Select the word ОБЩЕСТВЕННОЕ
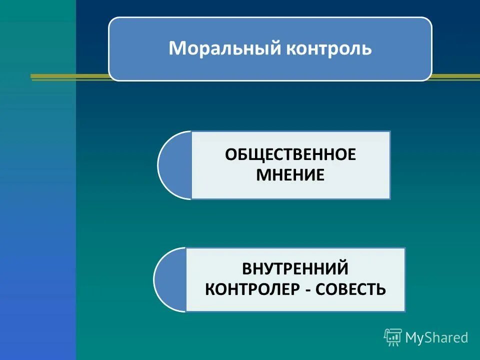tap(290, 154)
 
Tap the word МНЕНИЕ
tap(290, 175)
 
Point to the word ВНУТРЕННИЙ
tap(295, 268)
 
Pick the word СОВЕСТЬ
tap(353, 289)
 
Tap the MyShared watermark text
tap(436, 337)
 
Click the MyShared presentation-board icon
tap(393, 337)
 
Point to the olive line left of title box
tap(70, 77)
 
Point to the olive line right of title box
tap(455, 77)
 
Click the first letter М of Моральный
tap(176, 49)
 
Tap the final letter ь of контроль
tap(367, 49)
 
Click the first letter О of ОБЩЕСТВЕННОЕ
tap(230, 154)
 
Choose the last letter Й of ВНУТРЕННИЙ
tap(341, 268)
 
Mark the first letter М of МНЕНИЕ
tap(263, 175)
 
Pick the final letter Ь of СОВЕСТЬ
tap(381, 289)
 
